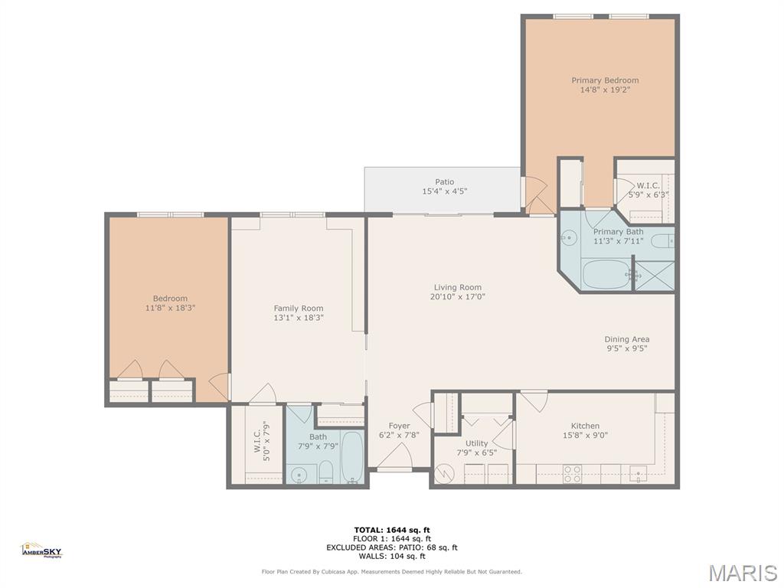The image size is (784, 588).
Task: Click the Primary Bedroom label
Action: point(605,80)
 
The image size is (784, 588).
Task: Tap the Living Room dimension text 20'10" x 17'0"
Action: point(457,297)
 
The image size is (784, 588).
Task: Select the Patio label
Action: point(444,182)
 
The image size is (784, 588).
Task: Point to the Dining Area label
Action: point(626,339)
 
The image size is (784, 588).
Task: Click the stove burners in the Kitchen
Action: point(572,474)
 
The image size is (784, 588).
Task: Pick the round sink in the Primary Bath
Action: point(568,239)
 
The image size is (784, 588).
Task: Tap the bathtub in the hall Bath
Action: point(352,458)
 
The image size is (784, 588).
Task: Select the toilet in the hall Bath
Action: point(325,472)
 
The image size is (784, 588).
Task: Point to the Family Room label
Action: point(299,309)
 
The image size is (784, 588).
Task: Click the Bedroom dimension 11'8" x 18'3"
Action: point(170,308)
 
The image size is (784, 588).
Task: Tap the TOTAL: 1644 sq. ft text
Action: point(392,530)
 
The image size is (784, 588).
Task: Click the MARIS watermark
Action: point(743,572)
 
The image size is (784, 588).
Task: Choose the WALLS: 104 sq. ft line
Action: point(392,556)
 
